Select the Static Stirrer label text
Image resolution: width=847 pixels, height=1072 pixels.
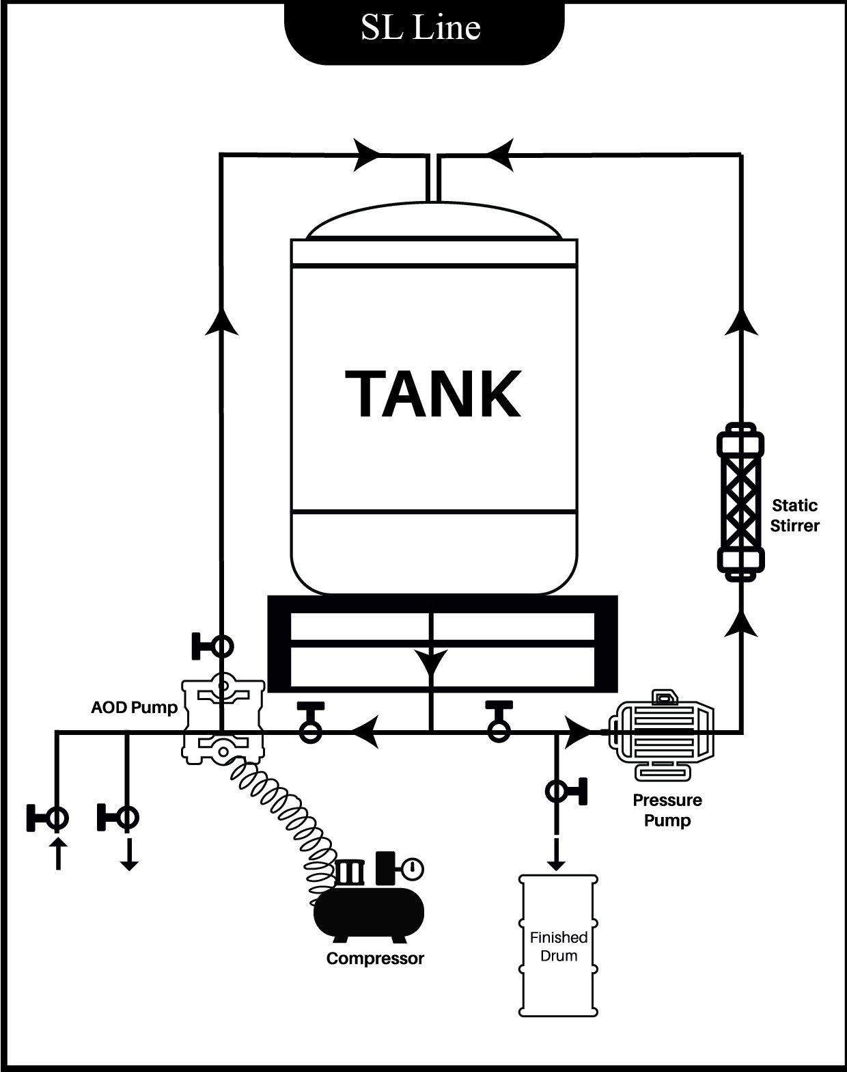[794, 515]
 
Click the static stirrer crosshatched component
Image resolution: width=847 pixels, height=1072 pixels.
[740, 501]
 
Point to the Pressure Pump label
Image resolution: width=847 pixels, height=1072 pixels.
[667, 809]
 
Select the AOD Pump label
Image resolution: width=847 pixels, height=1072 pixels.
[134, 707]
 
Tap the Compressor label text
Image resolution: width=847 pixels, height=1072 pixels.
[375, 959]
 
